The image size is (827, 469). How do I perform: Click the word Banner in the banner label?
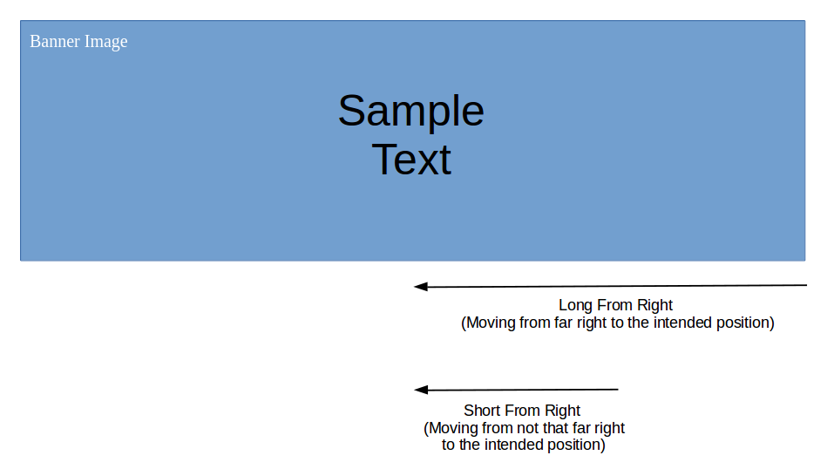pos(55,41)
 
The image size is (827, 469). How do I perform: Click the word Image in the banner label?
pos(106,42)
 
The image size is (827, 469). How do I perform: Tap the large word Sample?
pos(410,112)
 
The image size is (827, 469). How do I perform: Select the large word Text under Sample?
pos(411,160)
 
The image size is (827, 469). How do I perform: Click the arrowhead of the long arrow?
pos(420,287)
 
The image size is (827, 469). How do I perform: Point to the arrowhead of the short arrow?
pos(420,390)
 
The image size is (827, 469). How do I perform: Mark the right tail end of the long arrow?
pos(806,285)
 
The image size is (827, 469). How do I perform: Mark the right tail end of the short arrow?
pos(618,390)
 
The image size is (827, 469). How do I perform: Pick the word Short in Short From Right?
pos(481,411)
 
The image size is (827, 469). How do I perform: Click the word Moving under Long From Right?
pos(491,323)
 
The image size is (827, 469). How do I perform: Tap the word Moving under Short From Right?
pos(453,428)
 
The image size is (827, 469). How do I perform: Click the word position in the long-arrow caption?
pos(742,323)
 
